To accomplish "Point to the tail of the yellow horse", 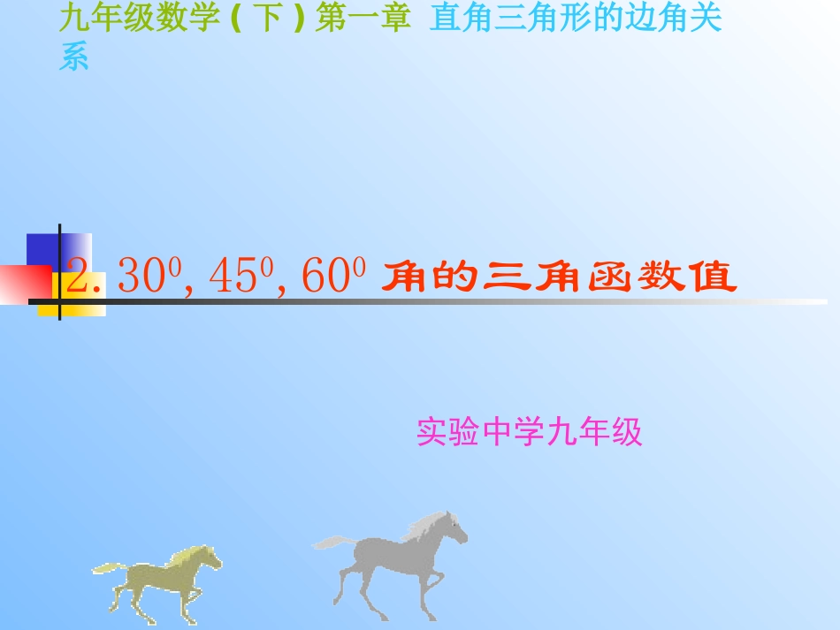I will (x=106, y=568).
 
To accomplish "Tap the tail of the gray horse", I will (x=332, y=541).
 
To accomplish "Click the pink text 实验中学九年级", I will (x=529, y=432).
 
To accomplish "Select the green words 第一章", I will (x=363, y=20).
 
